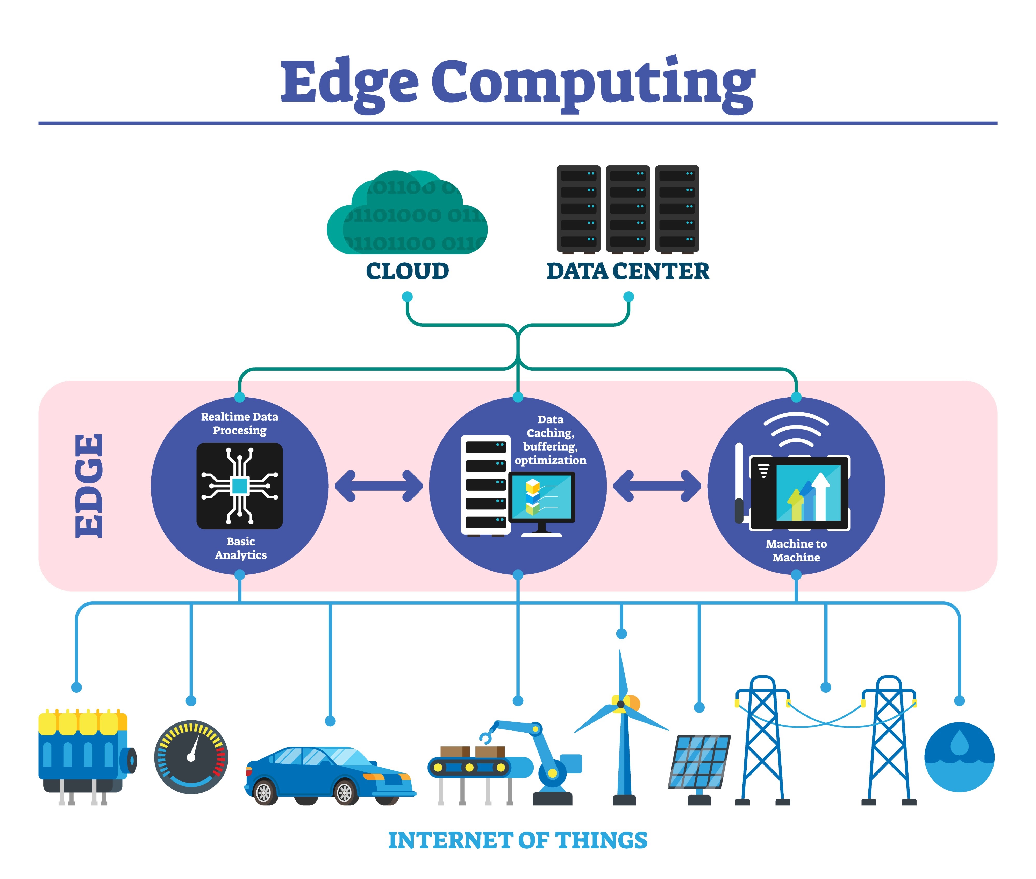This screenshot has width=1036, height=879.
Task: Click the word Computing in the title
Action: tap(593, 82)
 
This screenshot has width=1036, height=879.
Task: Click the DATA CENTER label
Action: tap(627, 271)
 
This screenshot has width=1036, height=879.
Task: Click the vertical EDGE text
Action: tap(90, 486)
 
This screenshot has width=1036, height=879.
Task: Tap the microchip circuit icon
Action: tap(240, 486)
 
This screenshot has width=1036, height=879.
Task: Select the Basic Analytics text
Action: tap(241, 548)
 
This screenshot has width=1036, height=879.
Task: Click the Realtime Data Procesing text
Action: tap(240, 424)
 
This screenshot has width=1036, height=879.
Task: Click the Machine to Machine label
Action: tap(796, 551)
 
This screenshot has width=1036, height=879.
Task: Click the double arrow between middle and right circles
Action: tap(657, 486)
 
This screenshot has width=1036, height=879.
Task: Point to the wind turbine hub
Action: tap(621, 704)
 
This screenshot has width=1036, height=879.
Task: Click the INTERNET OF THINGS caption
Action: tap(518, 841)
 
